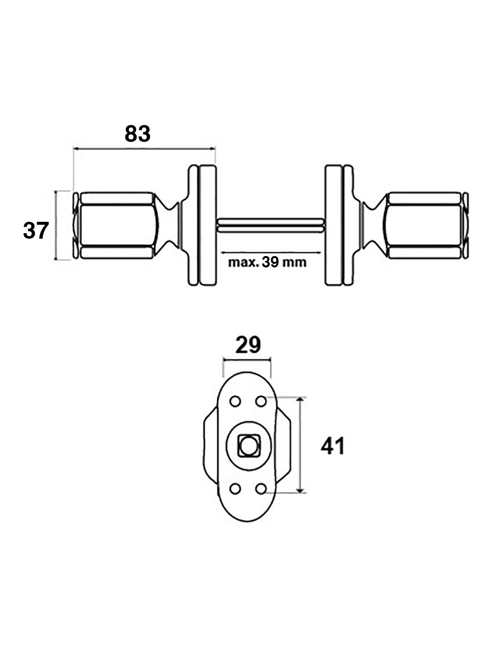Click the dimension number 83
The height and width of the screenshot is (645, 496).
pyautogui.click(x=137, y=134)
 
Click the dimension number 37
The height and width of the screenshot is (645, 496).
pyautogui.click(x=36, y=231)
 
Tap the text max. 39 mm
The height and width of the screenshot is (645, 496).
pyautogui.click(x=267, y=262)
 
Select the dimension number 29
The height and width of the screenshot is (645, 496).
pyautogui.click(x=248, y=345)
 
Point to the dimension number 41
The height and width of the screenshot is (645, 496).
pyautogui.click(x=332, y=447)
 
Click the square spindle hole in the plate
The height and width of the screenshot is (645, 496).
pyautogui.click(x=247, y=445)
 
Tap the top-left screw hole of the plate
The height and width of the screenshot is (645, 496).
pyautogui.click(x=235, y=401)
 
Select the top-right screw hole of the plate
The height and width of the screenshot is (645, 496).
pyautogui.click(x=260, y=400)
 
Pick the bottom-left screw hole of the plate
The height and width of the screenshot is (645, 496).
pyautogui.click(x=235, y=489)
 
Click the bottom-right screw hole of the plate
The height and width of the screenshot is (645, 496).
pyautogui.click(x=260, y=489)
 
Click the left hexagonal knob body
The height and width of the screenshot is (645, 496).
pyautogui.click(x=117, y=225)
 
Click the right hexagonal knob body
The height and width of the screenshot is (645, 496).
pyautogui.click(x=424, y=225)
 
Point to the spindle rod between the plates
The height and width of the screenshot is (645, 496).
pyautogui.click(x=270, y=225)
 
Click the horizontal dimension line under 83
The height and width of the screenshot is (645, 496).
pyautogui.click(x=144, y=148)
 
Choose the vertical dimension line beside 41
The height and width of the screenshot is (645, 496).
pyautogui.click(x=300, y=445)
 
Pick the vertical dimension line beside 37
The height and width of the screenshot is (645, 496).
pyautogui.click(x=57, y=225)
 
